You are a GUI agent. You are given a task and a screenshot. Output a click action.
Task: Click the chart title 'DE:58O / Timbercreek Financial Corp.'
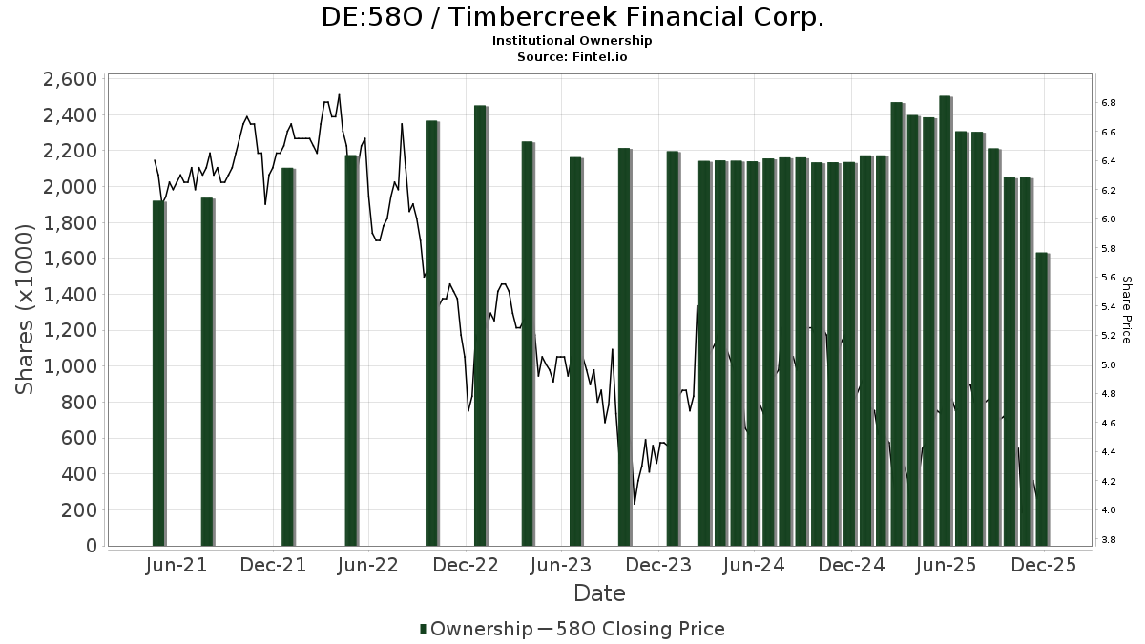coord(572,17)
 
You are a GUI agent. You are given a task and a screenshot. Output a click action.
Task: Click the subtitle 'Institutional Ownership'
coord(572,41)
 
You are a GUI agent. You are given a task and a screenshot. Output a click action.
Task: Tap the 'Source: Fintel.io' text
coord(572,56)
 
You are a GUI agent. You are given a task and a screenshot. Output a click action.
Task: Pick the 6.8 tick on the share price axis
coord(1109,102)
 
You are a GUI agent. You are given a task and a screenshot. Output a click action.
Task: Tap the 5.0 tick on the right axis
coord(1109,365)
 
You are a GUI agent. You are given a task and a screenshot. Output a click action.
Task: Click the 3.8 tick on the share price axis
coord(1109,540)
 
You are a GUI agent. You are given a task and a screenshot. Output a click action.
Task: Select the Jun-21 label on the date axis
coord(177,565)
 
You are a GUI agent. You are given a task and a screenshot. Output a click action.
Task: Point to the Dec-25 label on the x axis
coord(1043,565)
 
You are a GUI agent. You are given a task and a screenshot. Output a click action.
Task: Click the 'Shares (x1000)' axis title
coord(27,309)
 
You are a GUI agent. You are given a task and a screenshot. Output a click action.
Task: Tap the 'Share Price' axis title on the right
coord(1127,309)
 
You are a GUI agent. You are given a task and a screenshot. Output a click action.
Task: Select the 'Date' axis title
coord(599,593)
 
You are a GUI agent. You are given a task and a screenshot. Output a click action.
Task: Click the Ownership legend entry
coord(477,629)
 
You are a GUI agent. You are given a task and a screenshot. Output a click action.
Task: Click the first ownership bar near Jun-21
coord(158,373)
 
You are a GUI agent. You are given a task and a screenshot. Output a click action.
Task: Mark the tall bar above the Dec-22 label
coord(480,325)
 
